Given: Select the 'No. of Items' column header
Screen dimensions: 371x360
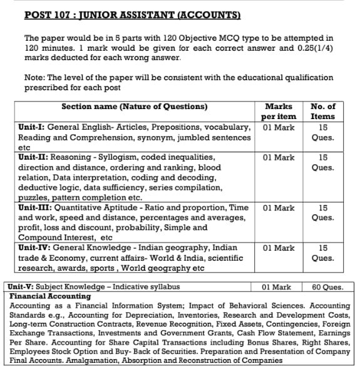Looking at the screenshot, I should tap(322, 111).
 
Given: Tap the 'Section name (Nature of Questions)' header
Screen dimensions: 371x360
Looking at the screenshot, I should tap(134, 106).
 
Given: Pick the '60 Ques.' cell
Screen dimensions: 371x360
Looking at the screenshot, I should tap(327, 287).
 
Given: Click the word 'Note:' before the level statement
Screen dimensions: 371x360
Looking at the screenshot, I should tap(35, 78).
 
